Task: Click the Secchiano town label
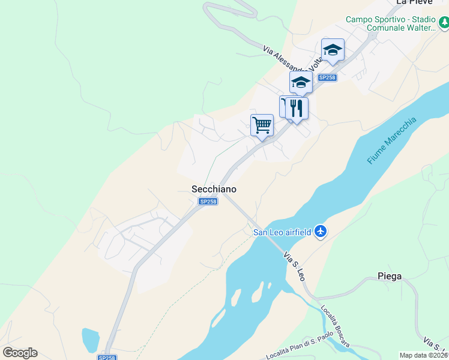(x=214, y=189)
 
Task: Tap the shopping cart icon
(x=262, y=125)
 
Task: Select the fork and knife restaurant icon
(x=297, y=108)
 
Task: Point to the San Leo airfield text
(x=282, y=232)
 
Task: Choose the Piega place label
(x=390, y=277)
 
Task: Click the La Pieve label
(x=411, y=3)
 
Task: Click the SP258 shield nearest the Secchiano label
(x=208, y=202)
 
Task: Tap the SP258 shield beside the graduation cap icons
(x=327, y=77)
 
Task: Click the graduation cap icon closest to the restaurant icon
(x=301, y=83)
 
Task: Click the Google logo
(x=20, y=353)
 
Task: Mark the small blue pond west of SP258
(x=90, y=340)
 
